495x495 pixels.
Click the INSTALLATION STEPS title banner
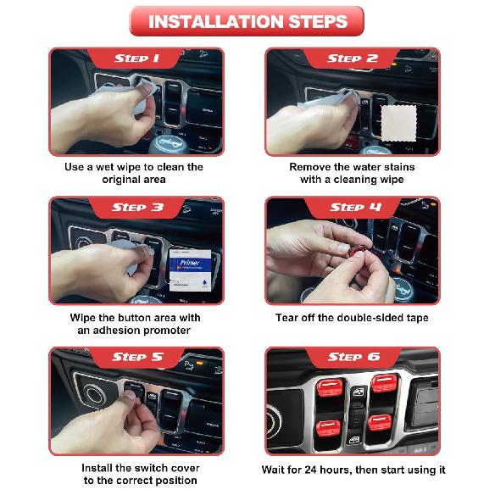coord(247,21)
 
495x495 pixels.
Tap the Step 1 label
coord(136,58)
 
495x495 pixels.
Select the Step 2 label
coord(353,58)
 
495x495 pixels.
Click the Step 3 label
coord(136,208)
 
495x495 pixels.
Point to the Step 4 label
coord(353,208)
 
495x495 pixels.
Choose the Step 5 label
coord(136,358)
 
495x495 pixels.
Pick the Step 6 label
coord(353,358)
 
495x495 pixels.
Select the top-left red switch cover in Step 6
coord(329,387)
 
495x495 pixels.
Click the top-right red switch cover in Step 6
coord(383,383)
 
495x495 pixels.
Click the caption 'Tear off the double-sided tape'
coord(352,318)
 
